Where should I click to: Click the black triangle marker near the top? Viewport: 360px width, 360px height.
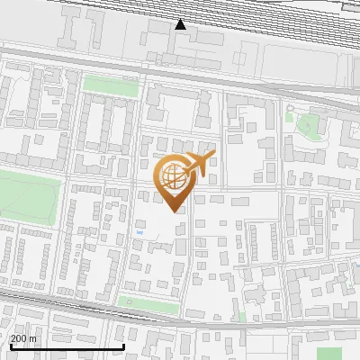click(x=181, y=24)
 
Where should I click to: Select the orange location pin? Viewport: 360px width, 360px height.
click(x=175, y=180)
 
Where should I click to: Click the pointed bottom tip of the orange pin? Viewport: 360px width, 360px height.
click(x=175, y=211)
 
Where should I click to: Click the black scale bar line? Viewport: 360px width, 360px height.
click(x=67, y=346)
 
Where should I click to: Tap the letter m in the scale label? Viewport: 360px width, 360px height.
click(x=33, y=338)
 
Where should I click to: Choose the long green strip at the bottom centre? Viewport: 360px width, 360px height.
click(x=148, y=307)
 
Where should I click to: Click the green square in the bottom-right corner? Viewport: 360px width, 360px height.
click(x=329, y=354)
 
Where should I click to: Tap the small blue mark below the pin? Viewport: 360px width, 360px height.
click(x=139, y=232)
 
